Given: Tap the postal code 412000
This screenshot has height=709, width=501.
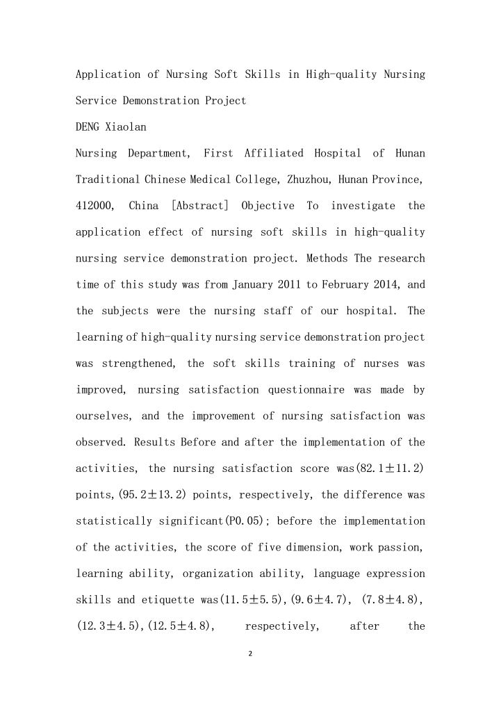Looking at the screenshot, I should [92, 206].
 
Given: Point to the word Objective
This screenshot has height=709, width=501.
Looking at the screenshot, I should [268, 206].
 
